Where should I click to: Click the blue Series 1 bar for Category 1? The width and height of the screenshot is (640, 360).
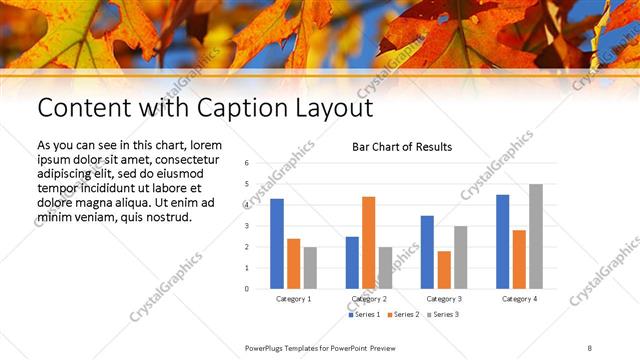pyautogui.click(x=277, y=244)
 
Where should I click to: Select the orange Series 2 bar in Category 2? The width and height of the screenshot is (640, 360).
pyautogui.click(x=368, y=243)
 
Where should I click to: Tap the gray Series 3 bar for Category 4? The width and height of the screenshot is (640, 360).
pyautogui.click(x=536, y=237)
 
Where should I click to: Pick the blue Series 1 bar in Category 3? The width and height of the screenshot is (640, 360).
pyautogui.click(x=427, y=252)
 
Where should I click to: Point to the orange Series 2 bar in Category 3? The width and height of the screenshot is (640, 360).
pyautogui.click(x=443, y=270)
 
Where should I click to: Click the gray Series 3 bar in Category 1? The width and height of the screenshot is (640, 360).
pyautogui.click(x=310, y=268)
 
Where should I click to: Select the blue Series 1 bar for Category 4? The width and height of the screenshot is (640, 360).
pyautogui.click(x=502, y=242)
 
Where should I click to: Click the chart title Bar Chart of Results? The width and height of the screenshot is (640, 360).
pyautogui.click(x=402, y=147)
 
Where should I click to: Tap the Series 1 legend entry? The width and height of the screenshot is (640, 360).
pyautogui.click(x=362, y=315)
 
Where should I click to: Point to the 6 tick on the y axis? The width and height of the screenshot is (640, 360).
pyautogui.click(x=246, y=163)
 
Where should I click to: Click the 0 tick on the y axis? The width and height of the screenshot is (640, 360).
pyautogui.click(x=246, y=289)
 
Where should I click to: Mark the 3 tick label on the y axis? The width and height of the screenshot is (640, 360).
pyautogui.click(x=246, y=226)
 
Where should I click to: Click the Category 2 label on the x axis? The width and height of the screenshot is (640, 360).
pyautogui.click(x=369, y=299)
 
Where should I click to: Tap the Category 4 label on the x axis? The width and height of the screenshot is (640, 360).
pyautogui.click(x=519, y=299)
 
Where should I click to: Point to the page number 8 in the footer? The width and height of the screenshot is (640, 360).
pyautogui.click(x=590, y=347)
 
